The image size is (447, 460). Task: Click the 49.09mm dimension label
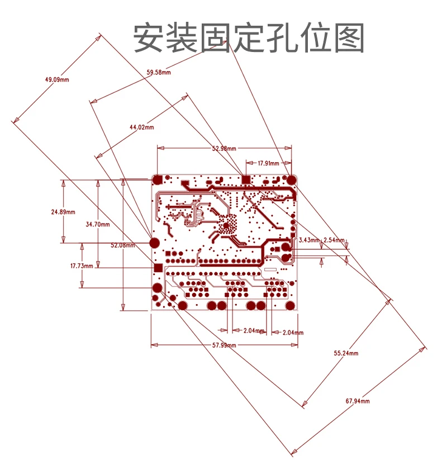pyautogui.click(x=57, y=79)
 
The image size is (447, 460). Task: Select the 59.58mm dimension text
pyautogui.click(x=159, y=72)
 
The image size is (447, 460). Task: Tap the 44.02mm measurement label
pyautogui.click(x=141, y=127)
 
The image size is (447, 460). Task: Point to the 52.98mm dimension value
pyautogui.click(x=224, y=148)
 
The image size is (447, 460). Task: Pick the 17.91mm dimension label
pyautogui.click(x=268, y=163)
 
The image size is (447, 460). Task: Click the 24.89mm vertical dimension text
pyautogui.click(x=63, y=212)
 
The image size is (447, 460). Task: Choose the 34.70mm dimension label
pyautogui.click(x=98, y=224)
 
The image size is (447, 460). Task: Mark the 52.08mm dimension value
pyautogui.click(x=122, y=245)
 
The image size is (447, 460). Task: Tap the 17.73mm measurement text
pyautogui.click(x=81, y=266)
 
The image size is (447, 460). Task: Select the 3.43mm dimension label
pyautogui.click(x=309, y=240)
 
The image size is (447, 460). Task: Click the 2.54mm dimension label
pyautogui.click(x=334, y=240)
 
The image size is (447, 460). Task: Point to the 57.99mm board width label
pyautogui.click(x=223, y=345)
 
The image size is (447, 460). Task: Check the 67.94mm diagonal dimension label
pyautogui.click(x=358, y=401)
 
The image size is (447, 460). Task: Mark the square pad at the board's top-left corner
pyautogui.click(x=158, y=180)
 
